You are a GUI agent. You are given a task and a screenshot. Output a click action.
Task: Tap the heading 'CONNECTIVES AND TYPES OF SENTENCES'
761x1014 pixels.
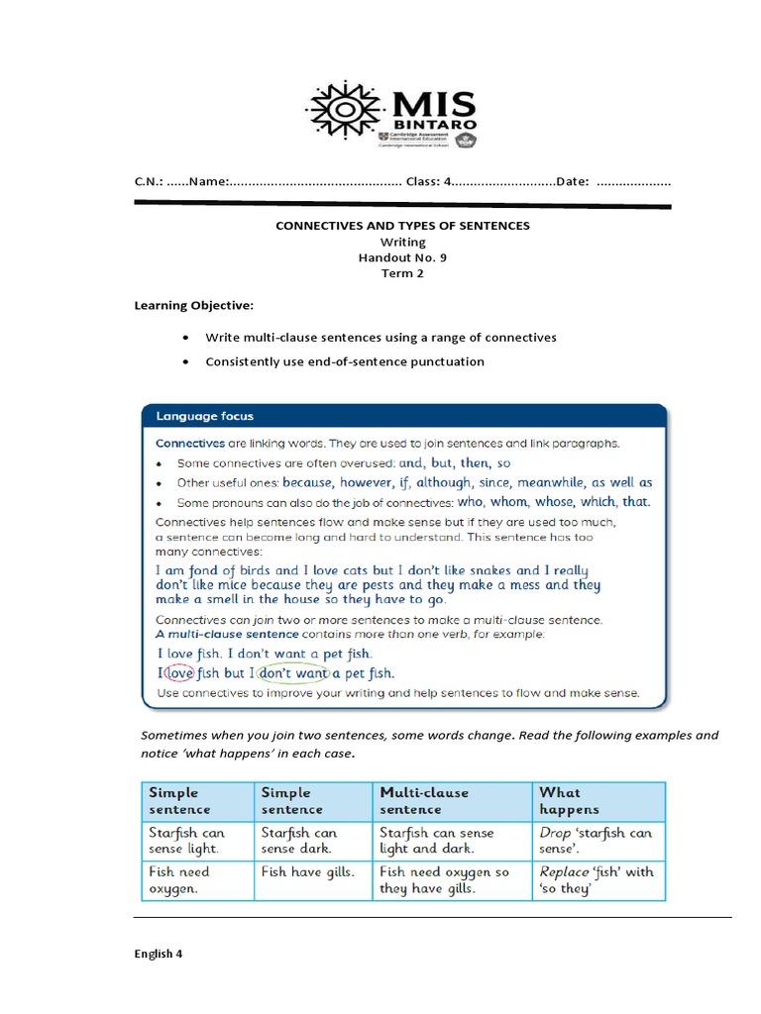[402, 226]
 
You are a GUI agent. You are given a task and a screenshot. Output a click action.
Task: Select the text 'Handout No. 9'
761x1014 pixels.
[402, 257]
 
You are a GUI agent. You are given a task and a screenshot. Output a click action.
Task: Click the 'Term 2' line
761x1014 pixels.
[402, 273]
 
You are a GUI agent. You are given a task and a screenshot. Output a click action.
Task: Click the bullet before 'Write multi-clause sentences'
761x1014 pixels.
[186, 338]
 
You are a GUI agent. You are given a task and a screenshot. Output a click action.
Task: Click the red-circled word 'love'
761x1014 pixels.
[179, 673]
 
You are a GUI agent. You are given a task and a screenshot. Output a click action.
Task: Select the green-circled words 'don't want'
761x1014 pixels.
[292, 673]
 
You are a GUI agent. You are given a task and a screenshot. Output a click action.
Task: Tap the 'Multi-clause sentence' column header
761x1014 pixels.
[424, 800]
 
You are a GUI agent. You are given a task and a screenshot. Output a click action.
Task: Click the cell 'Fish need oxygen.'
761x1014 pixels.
[180, 880]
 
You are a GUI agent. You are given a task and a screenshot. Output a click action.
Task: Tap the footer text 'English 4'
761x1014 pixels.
[159, 955]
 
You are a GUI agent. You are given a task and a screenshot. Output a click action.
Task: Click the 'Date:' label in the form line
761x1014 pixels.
[573, 181]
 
